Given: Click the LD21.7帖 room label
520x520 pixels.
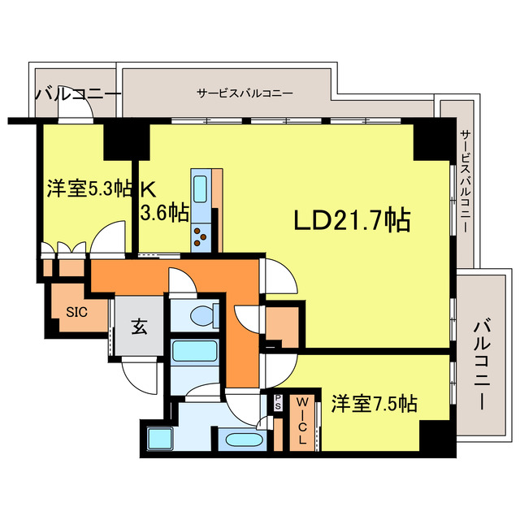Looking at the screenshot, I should tap(351, 219).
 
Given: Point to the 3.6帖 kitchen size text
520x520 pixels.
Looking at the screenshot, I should tap(165, 213).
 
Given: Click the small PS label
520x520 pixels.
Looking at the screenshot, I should tap(278, 402).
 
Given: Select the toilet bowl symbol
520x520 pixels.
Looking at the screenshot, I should tap(203, 315).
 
